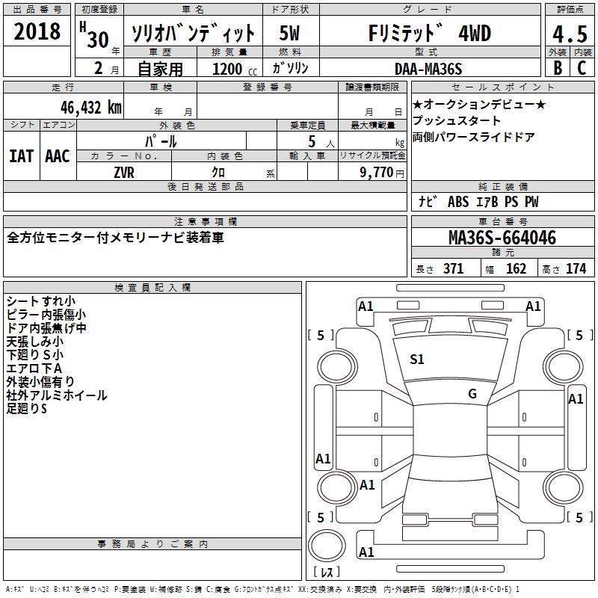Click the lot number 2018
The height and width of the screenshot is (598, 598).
point(37,32)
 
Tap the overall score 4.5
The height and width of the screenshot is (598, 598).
point(568,34)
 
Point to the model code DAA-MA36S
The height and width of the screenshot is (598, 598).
point(428,69)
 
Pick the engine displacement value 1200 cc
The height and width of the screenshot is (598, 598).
point(232,70)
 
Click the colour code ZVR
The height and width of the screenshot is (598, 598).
point(124,171)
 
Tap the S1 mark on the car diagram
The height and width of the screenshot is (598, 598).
point(416,360)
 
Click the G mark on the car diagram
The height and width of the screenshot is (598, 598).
point(472,394)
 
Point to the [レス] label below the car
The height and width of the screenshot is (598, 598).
point(326,573)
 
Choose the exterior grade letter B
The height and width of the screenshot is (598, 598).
point(558,67)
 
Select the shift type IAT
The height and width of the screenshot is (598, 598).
point(21,155)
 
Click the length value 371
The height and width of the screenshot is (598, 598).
point(453,269)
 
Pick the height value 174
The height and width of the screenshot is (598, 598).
point(576,269)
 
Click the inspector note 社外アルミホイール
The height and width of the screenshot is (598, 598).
point(57,395)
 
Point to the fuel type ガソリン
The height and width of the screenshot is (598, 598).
point(291,68)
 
